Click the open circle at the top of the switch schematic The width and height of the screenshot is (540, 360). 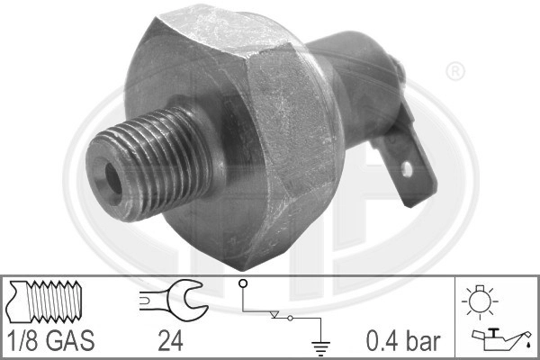242,284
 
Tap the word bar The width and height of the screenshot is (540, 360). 424,341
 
